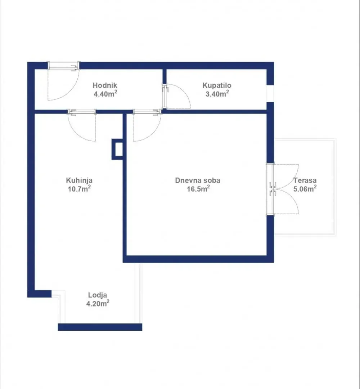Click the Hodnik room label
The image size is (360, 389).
point(105,85)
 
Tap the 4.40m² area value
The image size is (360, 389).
point(105,94)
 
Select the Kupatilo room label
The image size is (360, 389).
point(217,85)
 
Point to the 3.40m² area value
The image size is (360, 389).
point(217,94)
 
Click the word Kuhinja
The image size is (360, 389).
point(79,180)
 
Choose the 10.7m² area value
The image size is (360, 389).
point(79,189)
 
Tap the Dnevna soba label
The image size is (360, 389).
point(198,180)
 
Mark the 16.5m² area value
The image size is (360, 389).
point(198,189)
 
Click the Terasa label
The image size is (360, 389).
point(305,180)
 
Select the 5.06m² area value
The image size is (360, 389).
point(305,189)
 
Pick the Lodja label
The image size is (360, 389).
point(98,295)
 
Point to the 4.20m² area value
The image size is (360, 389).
point(98,303)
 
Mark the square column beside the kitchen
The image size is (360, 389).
point(117,149)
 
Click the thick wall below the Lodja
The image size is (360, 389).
point(100,327)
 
